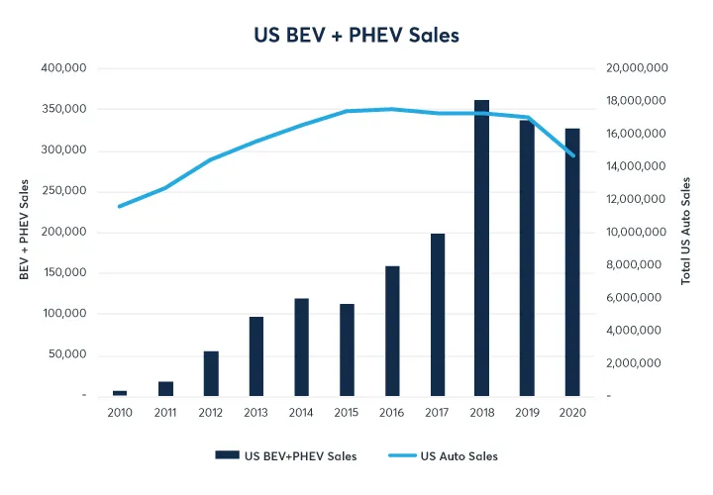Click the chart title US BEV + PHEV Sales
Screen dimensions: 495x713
click(x=356, y=35)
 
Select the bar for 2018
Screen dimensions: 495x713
click(x=482, y=247)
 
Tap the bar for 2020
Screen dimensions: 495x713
click(x=572, y=261)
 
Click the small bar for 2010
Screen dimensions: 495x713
click(x=120, y=393)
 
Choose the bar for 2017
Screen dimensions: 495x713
click(x=437, y=315)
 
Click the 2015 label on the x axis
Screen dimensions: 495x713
click(x=347, y=412)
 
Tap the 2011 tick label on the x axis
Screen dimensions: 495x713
click(x=165, y=412)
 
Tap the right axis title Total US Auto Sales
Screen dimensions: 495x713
click(x=685, y=231)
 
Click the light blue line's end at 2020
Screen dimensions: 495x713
click(x=572, y=155)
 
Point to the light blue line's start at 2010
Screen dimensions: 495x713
click(x=120, y=206)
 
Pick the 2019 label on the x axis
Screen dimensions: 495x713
click(x=527, y=412)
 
